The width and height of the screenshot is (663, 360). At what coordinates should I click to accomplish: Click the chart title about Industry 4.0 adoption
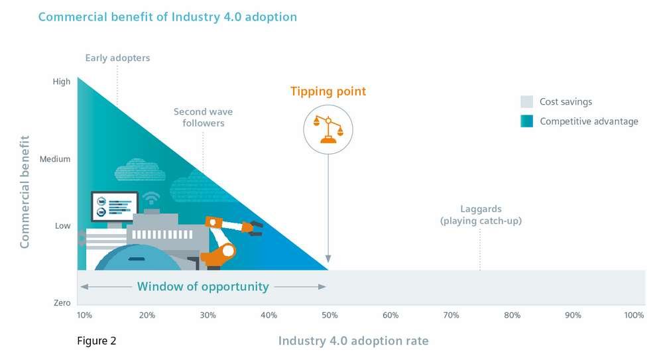pyautogui.click(x=167, y=17)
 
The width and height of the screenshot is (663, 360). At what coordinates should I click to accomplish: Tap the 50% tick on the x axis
pyautogui.click(x=330, y=315)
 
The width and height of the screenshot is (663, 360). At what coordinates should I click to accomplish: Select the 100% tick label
pyautogui.click(x=633, y=315)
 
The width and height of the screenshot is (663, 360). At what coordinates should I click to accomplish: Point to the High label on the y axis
pyautogui.click(x=61, y=82)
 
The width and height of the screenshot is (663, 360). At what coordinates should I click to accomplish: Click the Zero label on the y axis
pyautogui.click(x=62, y=303)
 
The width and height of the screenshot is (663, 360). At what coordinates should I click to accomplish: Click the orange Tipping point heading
pyautogui.click(x=328, y=91)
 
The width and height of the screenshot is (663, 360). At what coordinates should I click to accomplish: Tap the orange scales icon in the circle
pyautogui.click(x=328, y=129)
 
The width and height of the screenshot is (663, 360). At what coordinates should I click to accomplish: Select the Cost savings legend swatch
pyautogui.click(x=526, y=102)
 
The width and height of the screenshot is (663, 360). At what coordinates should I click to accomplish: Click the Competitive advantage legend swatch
pyautogui.click(x=526, y=121)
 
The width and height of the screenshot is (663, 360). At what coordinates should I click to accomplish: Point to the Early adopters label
pyautogui.click(x=117, y=58)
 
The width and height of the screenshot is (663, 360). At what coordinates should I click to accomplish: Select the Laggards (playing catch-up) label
pyautogui.click(x=480, y=214)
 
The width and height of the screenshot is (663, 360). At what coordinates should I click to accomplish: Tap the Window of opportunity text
pyautogui.click(x=203, y=287)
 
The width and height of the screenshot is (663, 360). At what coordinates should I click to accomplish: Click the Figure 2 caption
pyautogui.click(x=97, y=341)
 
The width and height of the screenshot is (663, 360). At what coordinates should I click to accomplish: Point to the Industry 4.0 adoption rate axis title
pyautogui.click(x=353, y=341)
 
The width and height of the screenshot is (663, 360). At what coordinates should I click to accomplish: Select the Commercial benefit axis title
pyautogui.click(x=25, y=192)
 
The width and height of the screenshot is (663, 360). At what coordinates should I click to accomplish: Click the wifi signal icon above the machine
pyautogui.click(x=151, y=198)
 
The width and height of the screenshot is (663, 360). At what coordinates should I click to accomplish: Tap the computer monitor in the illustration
pyautogui.click(x=113, y=206)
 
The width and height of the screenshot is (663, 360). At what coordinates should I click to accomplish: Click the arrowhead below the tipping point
pyautogui.click(x=328, y=260)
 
